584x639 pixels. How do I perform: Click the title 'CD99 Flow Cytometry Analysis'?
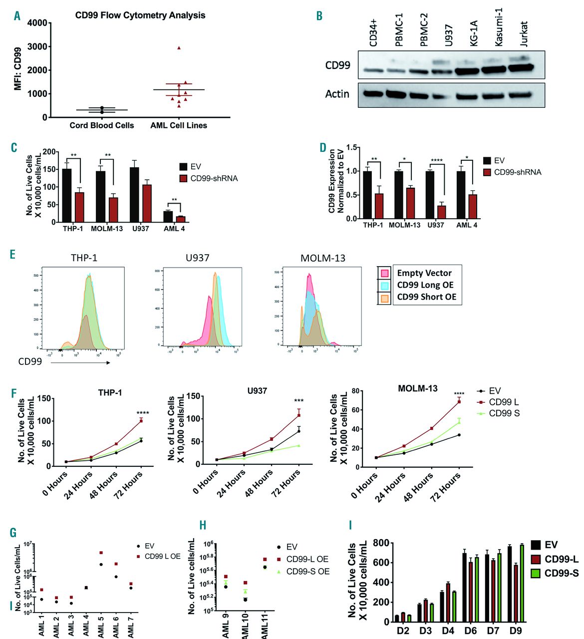tap(140, 15)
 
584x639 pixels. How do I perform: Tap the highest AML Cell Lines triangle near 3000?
tap(179, 48)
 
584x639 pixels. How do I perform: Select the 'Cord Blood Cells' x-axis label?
tap(102, 125)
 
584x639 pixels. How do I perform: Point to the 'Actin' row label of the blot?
tap(337, 94)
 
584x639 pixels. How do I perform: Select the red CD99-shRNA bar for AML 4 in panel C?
tap(181, 219)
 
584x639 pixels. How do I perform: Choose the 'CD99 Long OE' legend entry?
tap(425, 285)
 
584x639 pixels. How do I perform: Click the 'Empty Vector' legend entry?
tap(424, 273)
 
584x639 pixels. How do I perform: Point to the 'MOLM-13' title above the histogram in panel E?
tap(322, 258)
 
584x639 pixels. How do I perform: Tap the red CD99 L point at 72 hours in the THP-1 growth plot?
tap(141, 420)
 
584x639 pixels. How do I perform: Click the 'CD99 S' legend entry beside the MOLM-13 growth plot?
tap(504, 413)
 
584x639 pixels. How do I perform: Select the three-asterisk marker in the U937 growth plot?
tap(298, 401)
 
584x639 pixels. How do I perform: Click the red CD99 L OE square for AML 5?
tap(101, 553)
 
